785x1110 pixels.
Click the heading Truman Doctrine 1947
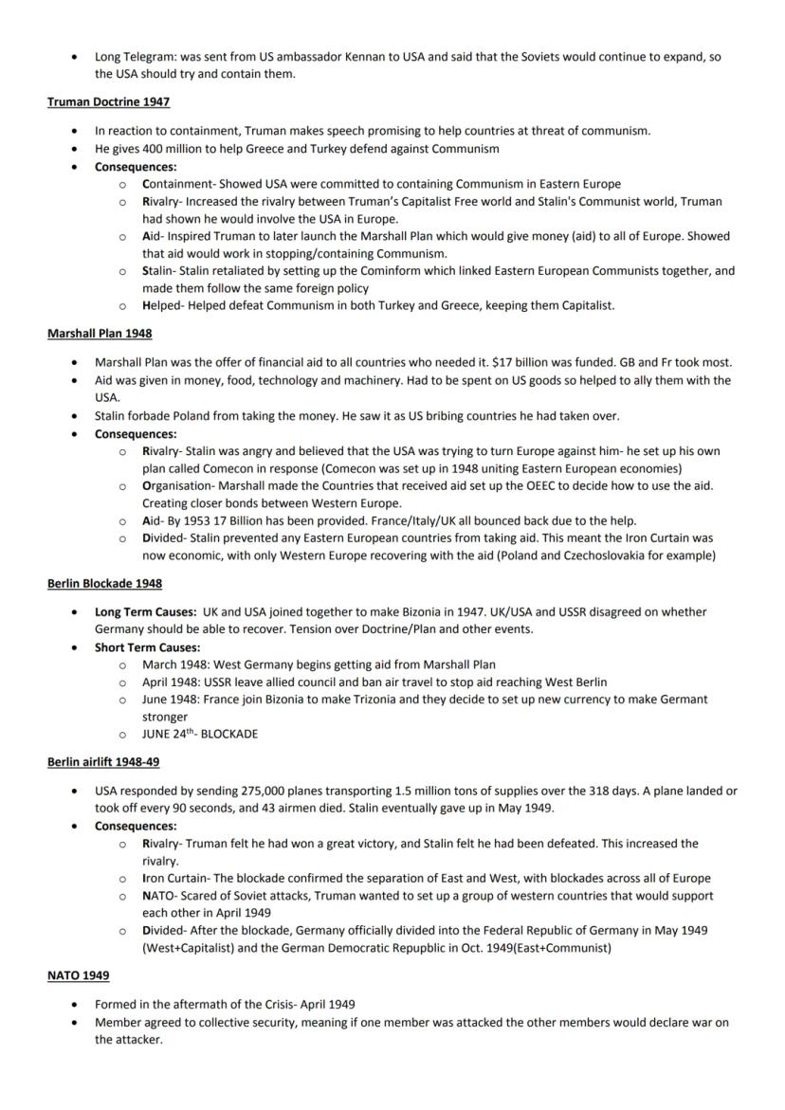[x=108, y=101]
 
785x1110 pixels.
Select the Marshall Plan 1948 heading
[x=99, y=334]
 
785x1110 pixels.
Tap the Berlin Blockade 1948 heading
[x=104, y=583]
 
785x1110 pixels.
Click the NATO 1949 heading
[x=78, y=976]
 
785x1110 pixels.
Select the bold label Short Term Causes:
[x=147, y=647]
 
